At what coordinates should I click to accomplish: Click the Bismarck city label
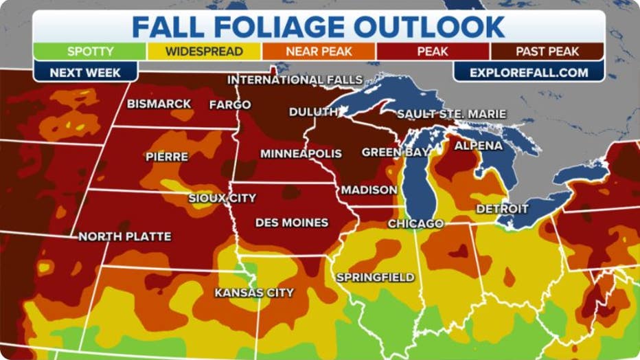[x=159, y=104]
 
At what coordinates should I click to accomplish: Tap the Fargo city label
[x=230, y=104]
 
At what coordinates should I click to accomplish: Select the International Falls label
[x=295, y=80]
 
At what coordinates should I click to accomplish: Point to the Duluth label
[x=313, y=111]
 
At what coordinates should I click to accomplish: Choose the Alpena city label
[x=478, y=146]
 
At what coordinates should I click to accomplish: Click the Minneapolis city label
[x=301, y=153]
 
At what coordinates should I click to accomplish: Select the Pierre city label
[x=167, y=157]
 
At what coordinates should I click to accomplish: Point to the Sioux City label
[x=222, y=198]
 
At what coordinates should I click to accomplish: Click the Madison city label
[x=369, y=190]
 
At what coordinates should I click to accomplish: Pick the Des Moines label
[x=291, y=223]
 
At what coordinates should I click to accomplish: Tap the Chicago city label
[x=415, y=224]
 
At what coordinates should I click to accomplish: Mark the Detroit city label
[x=502, y=208]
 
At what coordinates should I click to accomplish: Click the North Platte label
[x=124, y=236]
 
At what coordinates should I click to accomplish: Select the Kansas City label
[x=254, y=293]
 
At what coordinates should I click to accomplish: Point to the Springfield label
[x=375, y=278]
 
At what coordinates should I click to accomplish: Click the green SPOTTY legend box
[x=90, y=52]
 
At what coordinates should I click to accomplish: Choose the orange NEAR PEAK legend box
[x=318, y=52]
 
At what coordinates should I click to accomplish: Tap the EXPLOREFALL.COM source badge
[x=529, y=71]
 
